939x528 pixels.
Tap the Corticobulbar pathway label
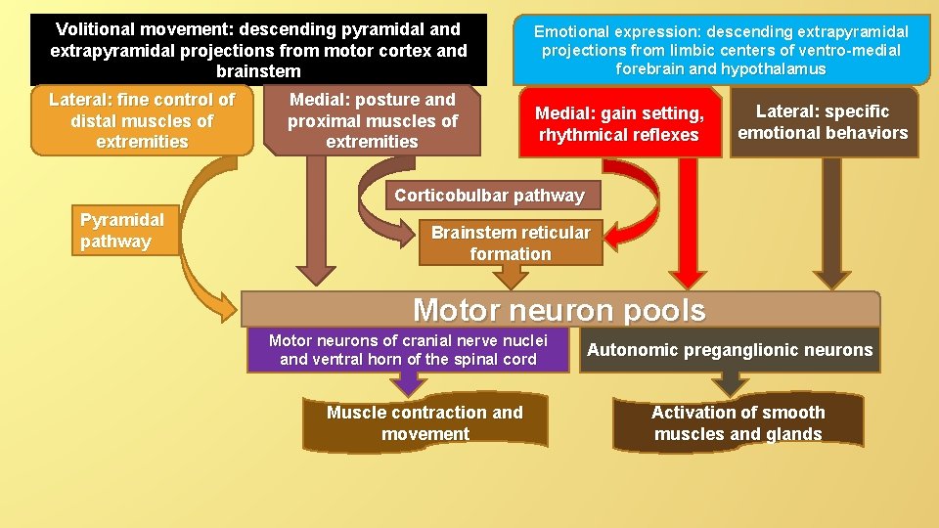(x=489, y=196)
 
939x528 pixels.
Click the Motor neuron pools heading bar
(x=559, y=310)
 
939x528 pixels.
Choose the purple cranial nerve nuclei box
(x=408, y=350)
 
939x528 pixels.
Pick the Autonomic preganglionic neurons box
(x=730, y=350)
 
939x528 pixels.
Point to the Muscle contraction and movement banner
(x=425, y=423)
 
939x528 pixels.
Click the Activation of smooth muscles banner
(x=738, y=423)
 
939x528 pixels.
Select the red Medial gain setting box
(x=619, y=124)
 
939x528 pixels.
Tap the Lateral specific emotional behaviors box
(x=823, y=122)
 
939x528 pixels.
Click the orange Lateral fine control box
(x=142, y=121)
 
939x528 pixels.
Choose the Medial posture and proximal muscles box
(x=373, y=121)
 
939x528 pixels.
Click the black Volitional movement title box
(x=258, y=50)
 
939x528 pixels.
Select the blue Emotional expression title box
(x=721, y=50)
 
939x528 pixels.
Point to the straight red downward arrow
(x=689, y=225)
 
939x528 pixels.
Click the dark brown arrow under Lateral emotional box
(x=831, y=225)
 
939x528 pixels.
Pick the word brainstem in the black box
(x=258, y=71)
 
